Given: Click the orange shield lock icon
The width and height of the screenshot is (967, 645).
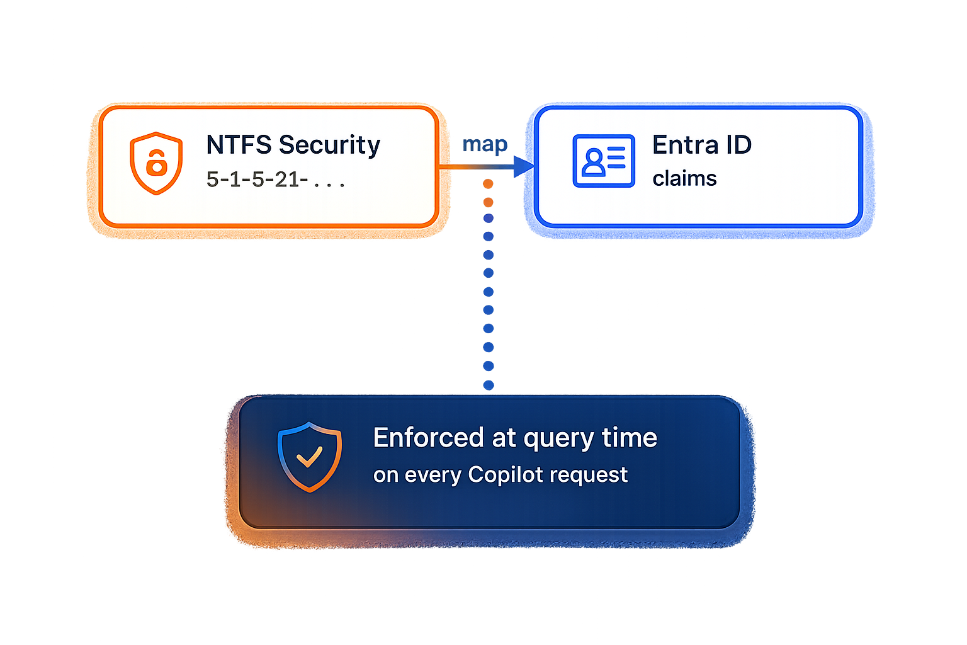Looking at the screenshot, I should pyautogui.click(x=156, y=163).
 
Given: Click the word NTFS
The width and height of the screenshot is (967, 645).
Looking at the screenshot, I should pyautogui.click(x=239, y=145).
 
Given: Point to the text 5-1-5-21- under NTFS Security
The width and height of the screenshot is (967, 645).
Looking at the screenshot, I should pyautogui.click(x=257, y=180).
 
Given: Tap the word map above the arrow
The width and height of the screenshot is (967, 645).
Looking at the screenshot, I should pyautogui.click(x=485, y=145).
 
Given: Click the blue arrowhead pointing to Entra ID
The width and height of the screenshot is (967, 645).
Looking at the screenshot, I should pyautogui.click(x=524, y=167).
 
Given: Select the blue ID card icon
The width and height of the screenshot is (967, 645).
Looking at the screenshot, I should pyautogui.click(x=603, y=161).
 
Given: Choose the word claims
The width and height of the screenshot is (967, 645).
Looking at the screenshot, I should pyautogui.click(x=684, y=179).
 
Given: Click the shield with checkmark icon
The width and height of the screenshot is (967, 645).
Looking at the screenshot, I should pyautogui.click(x=309, y=456).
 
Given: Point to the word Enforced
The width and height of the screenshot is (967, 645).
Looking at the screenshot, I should pyautogui.click(x=428, y=438).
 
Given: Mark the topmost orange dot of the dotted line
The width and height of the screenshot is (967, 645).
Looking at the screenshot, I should pyautogui.click(x=488, y=184).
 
